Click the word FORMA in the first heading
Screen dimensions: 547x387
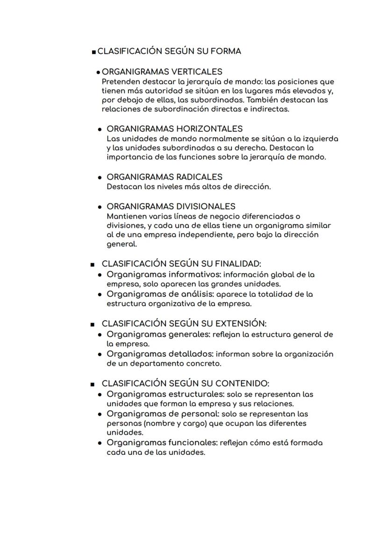pos(227,51)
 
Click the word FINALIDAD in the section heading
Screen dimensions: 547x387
pos(240,264)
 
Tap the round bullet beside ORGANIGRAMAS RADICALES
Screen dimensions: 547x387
pos(100,178)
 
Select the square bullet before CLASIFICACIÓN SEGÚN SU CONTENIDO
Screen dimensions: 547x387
pos(93,384)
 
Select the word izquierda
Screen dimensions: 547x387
pos(320,139)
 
